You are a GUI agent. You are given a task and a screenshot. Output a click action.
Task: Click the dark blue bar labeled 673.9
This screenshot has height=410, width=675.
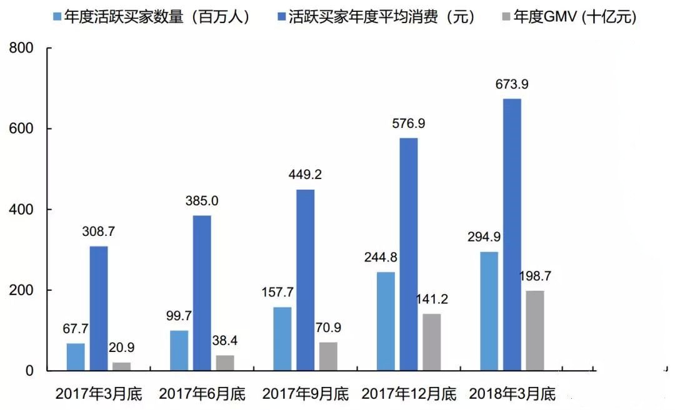click(x=512, y=235)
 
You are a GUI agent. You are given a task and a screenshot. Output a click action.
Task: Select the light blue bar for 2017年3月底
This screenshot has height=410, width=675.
click(x=76, y=357)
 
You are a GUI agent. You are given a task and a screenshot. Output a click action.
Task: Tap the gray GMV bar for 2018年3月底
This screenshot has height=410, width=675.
click(x=535, y=331)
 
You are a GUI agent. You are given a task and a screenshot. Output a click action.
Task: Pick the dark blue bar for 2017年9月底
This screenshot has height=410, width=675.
click(x=306, y=280)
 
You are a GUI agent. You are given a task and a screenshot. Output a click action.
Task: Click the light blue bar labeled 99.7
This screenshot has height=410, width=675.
click(x=179, y=351)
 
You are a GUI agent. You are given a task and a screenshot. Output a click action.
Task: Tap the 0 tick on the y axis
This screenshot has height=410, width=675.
click(x=31, y=371)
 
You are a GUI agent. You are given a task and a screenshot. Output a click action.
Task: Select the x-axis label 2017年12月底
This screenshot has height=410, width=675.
click(x=409, y=394)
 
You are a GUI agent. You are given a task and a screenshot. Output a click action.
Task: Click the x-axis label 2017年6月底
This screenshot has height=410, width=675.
click(x=202, y=394)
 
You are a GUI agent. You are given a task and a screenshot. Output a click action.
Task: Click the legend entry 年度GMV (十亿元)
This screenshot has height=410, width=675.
click(x=575, y=17)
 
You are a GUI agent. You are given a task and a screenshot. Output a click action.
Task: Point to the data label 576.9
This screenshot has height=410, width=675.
click(x=409, y=124)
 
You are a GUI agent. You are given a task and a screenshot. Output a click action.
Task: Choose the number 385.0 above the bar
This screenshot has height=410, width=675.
click(x=202, y=201)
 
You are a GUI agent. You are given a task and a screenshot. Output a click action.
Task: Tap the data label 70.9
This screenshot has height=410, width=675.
click(x=329, y=328)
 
